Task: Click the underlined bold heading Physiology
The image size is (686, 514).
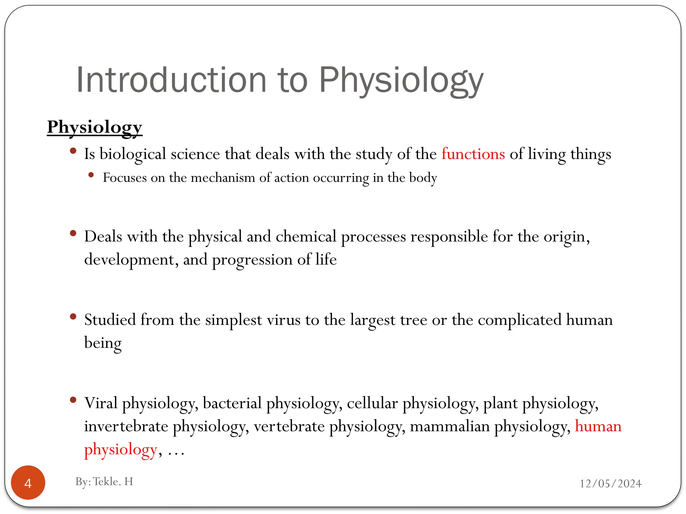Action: coord(94,127)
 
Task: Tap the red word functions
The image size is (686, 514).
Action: coord(473,154)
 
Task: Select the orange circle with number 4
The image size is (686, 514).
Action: coord(28,483)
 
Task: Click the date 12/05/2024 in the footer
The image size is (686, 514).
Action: coord(610,484)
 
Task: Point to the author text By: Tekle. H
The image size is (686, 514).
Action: coord(104,482)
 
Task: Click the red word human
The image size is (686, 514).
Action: coord(598,426)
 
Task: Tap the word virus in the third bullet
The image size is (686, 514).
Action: coord(283,320)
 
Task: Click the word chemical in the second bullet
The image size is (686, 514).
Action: coord(305,237)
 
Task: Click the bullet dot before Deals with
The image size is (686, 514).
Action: coord(73,233)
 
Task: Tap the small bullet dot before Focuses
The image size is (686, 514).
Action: coord(91,175)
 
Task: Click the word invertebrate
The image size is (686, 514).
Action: coord(126,426)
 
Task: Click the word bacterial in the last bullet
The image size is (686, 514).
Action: coord(232,403)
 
